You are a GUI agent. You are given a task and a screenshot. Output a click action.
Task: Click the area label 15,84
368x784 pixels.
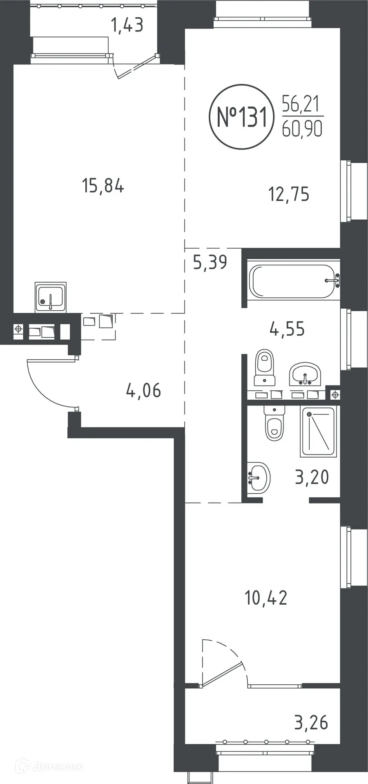pos(103,186)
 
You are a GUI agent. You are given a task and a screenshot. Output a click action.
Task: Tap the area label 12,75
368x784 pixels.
pos(289,194)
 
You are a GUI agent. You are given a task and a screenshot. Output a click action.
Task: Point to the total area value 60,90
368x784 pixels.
pos(302,129)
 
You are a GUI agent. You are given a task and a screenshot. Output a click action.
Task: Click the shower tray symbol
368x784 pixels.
pos(318,431)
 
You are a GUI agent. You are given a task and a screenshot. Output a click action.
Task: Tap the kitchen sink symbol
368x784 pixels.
pos(50,297)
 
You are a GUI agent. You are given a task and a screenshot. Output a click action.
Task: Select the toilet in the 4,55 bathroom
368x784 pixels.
pos(264,367)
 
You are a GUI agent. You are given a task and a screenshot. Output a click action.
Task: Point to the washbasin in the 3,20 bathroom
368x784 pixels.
pos(259,477)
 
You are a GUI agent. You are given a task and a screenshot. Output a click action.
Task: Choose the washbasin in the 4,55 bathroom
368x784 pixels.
pos(305,374)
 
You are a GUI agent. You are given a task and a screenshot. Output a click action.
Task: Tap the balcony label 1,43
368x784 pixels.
pos(127,25)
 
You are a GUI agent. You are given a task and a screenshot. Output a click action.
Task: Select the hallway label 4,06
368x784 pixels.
pos(143,391)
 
